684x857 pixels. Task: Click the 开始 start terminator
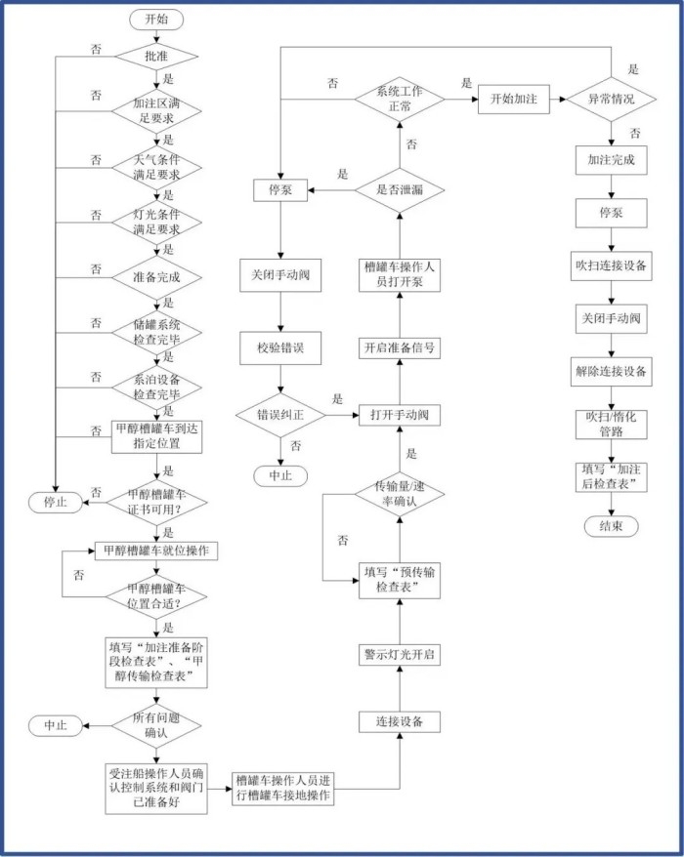156,20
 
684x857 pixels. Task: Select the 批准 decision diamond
156,57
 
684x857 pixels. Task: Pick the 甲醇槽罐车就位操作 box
156,551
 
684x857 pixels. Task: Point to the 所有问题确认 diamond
156,725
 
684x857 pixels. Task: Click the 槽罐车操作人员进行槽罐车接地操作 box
283,789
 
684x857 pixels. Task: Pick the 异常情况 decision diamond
611,100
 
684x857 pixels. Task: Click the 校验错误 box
280,347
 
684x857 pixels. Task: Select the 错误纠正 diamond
280,415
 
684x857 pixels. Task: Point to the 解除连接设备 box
611,372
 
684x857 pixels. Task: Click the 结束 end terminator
611,526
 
